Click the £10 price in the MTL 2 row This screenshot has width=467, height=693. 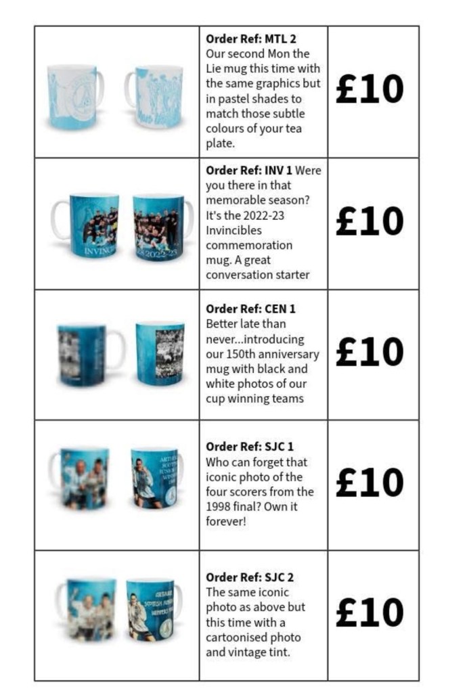370,90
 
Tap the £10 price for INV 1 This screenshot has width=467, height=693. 370,221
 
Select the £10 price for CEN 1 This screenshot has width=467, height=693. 370,353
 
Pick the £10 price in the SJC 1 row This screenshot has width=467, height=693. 370,483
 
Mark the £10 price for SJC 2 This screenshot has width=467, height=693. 370,613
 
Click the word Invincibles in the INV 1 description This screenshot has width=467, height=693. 233,231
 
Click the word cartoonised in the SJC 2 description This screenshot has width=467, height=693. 237,638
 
